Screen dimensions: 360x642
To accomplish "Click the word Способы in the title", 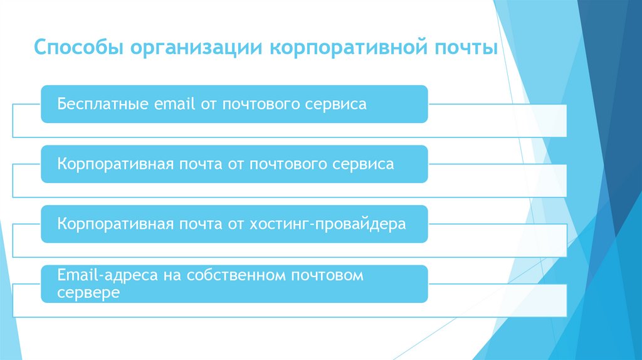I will pyautogui.click(x=74, y=48).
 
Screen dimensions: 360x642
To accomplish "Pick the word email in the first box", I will pyautogui.click(x=172, y=104).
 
